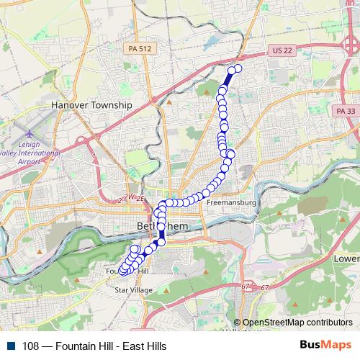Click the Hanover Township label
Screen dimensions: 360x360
92,105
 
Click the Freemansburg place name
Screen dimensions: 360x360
231,203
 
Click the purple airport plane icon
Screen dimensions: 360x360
30,135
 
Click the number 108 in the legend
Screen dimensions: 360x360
30,346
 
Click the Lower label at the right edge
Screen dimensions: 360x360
346,258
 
